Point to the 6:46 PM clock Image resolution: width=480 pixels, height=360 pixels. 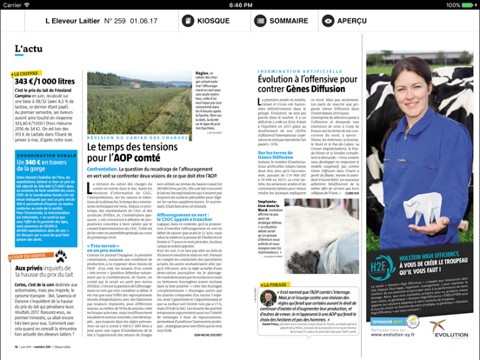(240, 4)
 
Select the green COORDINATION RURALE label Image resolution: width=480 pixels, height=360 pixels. (43, 155)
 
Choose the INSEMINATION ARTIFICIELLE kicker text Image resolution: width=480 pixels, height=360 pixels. (279, 73)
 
